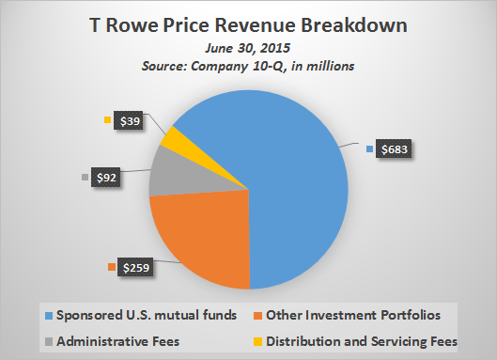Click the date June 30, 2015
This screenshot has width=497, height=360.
click(x=247, y=46)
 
